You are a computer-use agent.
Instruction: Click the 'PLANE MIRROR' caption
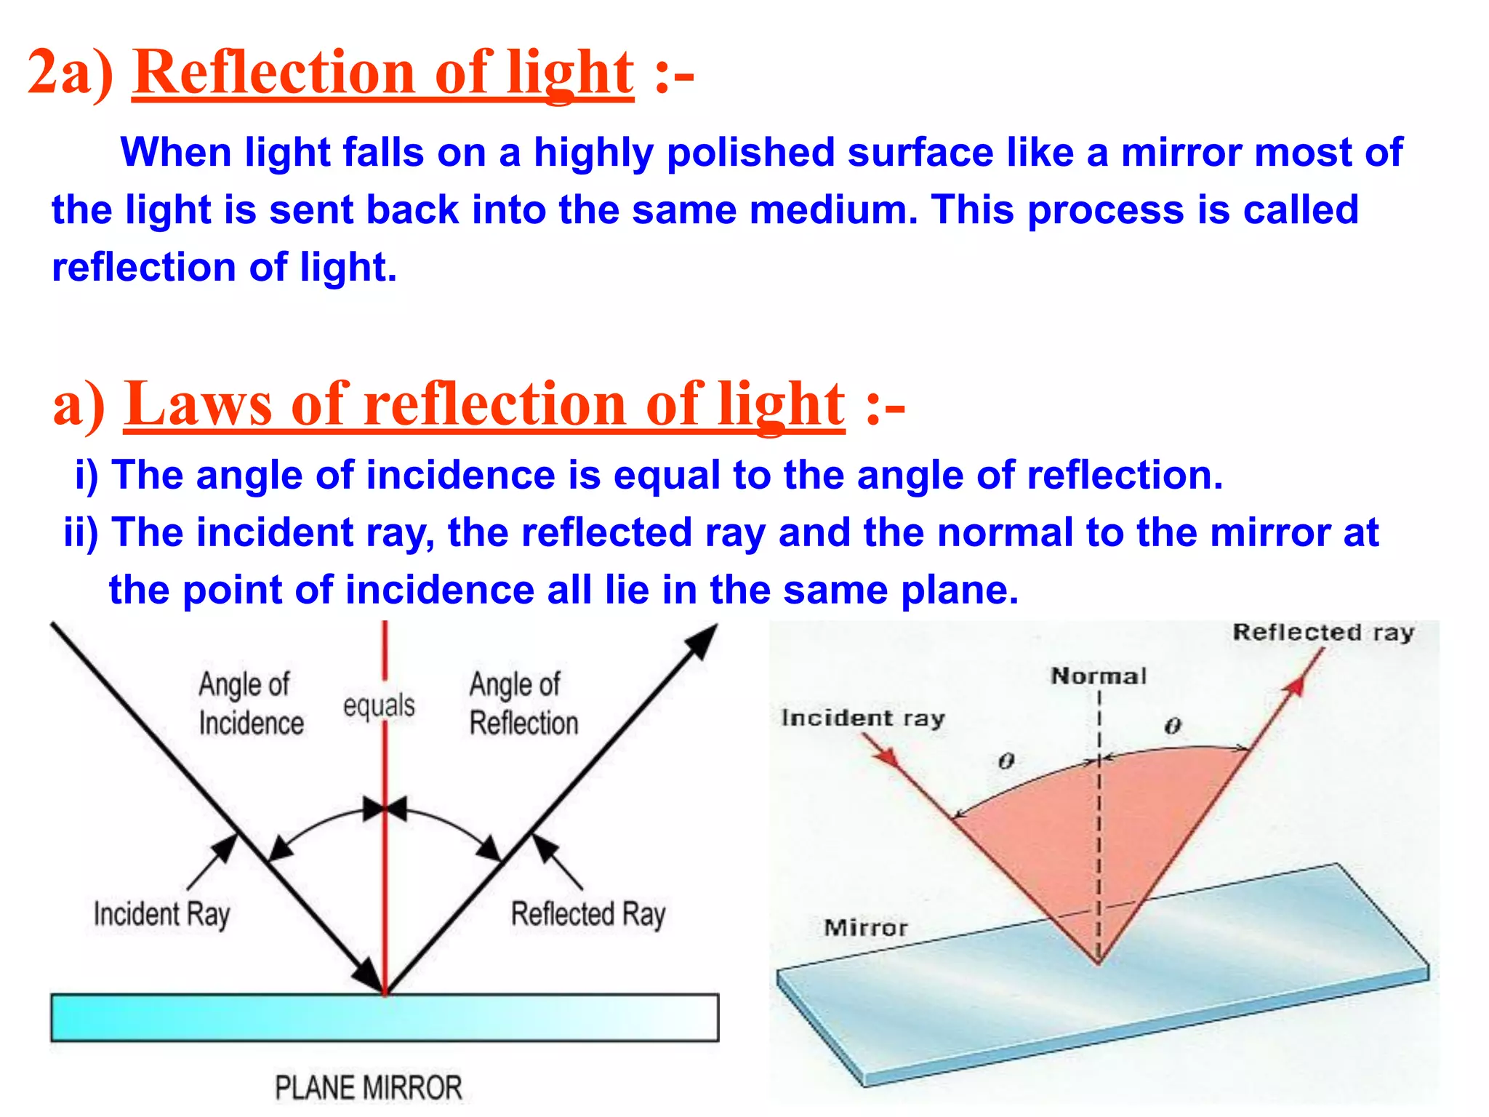point(369,1087)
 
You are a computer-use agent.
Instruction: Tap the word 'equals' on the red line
point(379,705)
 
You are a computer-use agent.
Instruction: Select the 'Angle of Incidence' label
point(251,703)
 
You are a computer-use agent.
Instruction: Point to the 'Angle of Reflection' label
point(523,703)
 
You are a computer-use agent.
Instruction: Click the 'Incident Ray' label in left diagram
point(161,914)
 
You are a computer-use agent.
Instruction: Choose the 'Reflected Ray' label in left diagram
point(588,914)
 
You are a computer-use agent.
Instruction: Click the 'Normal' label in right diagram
point(1098,676)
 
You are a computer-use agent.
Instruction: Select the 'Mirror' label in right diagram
point(866,928)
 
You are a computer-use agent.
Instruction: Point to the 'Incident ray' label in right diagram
point(862,718)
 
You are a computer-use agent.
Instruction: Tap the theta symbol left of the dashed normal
point(1006,761)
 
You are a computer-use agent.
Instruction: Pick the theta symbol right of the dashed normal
point(1173,726)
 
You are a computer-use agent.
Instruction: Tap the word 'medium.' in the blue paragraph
point(834,210)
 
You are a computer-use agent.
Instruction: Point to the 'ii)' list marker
point(81,532)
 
